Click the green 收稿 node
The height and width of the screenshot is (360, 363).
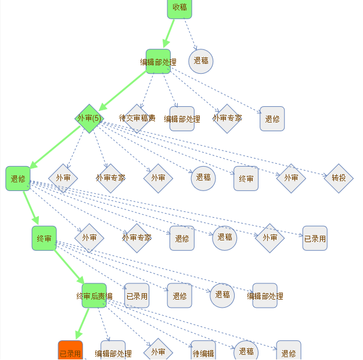[x=179, y=7]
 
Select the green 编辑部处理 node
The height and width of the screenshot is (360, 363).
[x=158, y=62]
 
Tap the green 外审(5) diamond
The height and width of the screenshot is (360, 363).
[x=88, y=118]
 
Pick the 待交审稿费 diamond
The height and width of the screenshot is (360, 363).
[x=137, y=118]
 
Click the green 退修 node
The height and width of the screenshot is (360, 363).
[x=18, y=178]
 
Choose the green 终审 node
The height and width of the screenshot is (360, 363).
[x=44, y=238]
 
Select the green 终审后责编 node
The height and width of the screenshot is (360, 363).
[x=94, y=296]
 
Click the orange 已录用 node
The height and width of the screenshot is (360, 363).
[x=70, y=351]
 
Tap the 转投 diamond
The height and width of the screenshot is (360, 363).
[x=339, y=178]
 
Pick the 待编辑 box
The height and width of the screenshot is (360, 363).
[x=203, y=352]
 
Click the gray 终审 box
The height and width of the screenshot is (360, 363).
[x=246, y=179]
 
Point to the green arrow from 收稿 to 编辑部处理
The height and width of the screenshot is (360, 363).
[x=169, y=34]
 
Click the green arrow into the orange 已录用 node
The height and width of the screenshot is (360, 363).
[x=82, y=325]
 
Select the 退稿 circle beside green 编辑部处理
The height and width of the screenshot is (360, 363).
[x=201, y=61]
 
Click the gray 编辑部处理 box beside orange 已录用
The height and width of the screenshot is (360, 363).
[x=113, y=352]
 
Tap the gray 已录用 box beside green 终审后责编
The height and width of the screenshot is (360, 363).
[x=136, y=296]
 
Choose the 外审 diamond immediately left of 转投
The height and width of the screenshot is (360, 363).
[x=291, y=178]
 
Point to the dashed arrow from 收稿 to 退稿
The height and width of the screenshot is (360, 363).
[x=191, y=35]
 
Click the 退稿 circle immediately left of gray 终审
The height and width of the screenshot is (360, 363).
[x=203, y=178]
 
